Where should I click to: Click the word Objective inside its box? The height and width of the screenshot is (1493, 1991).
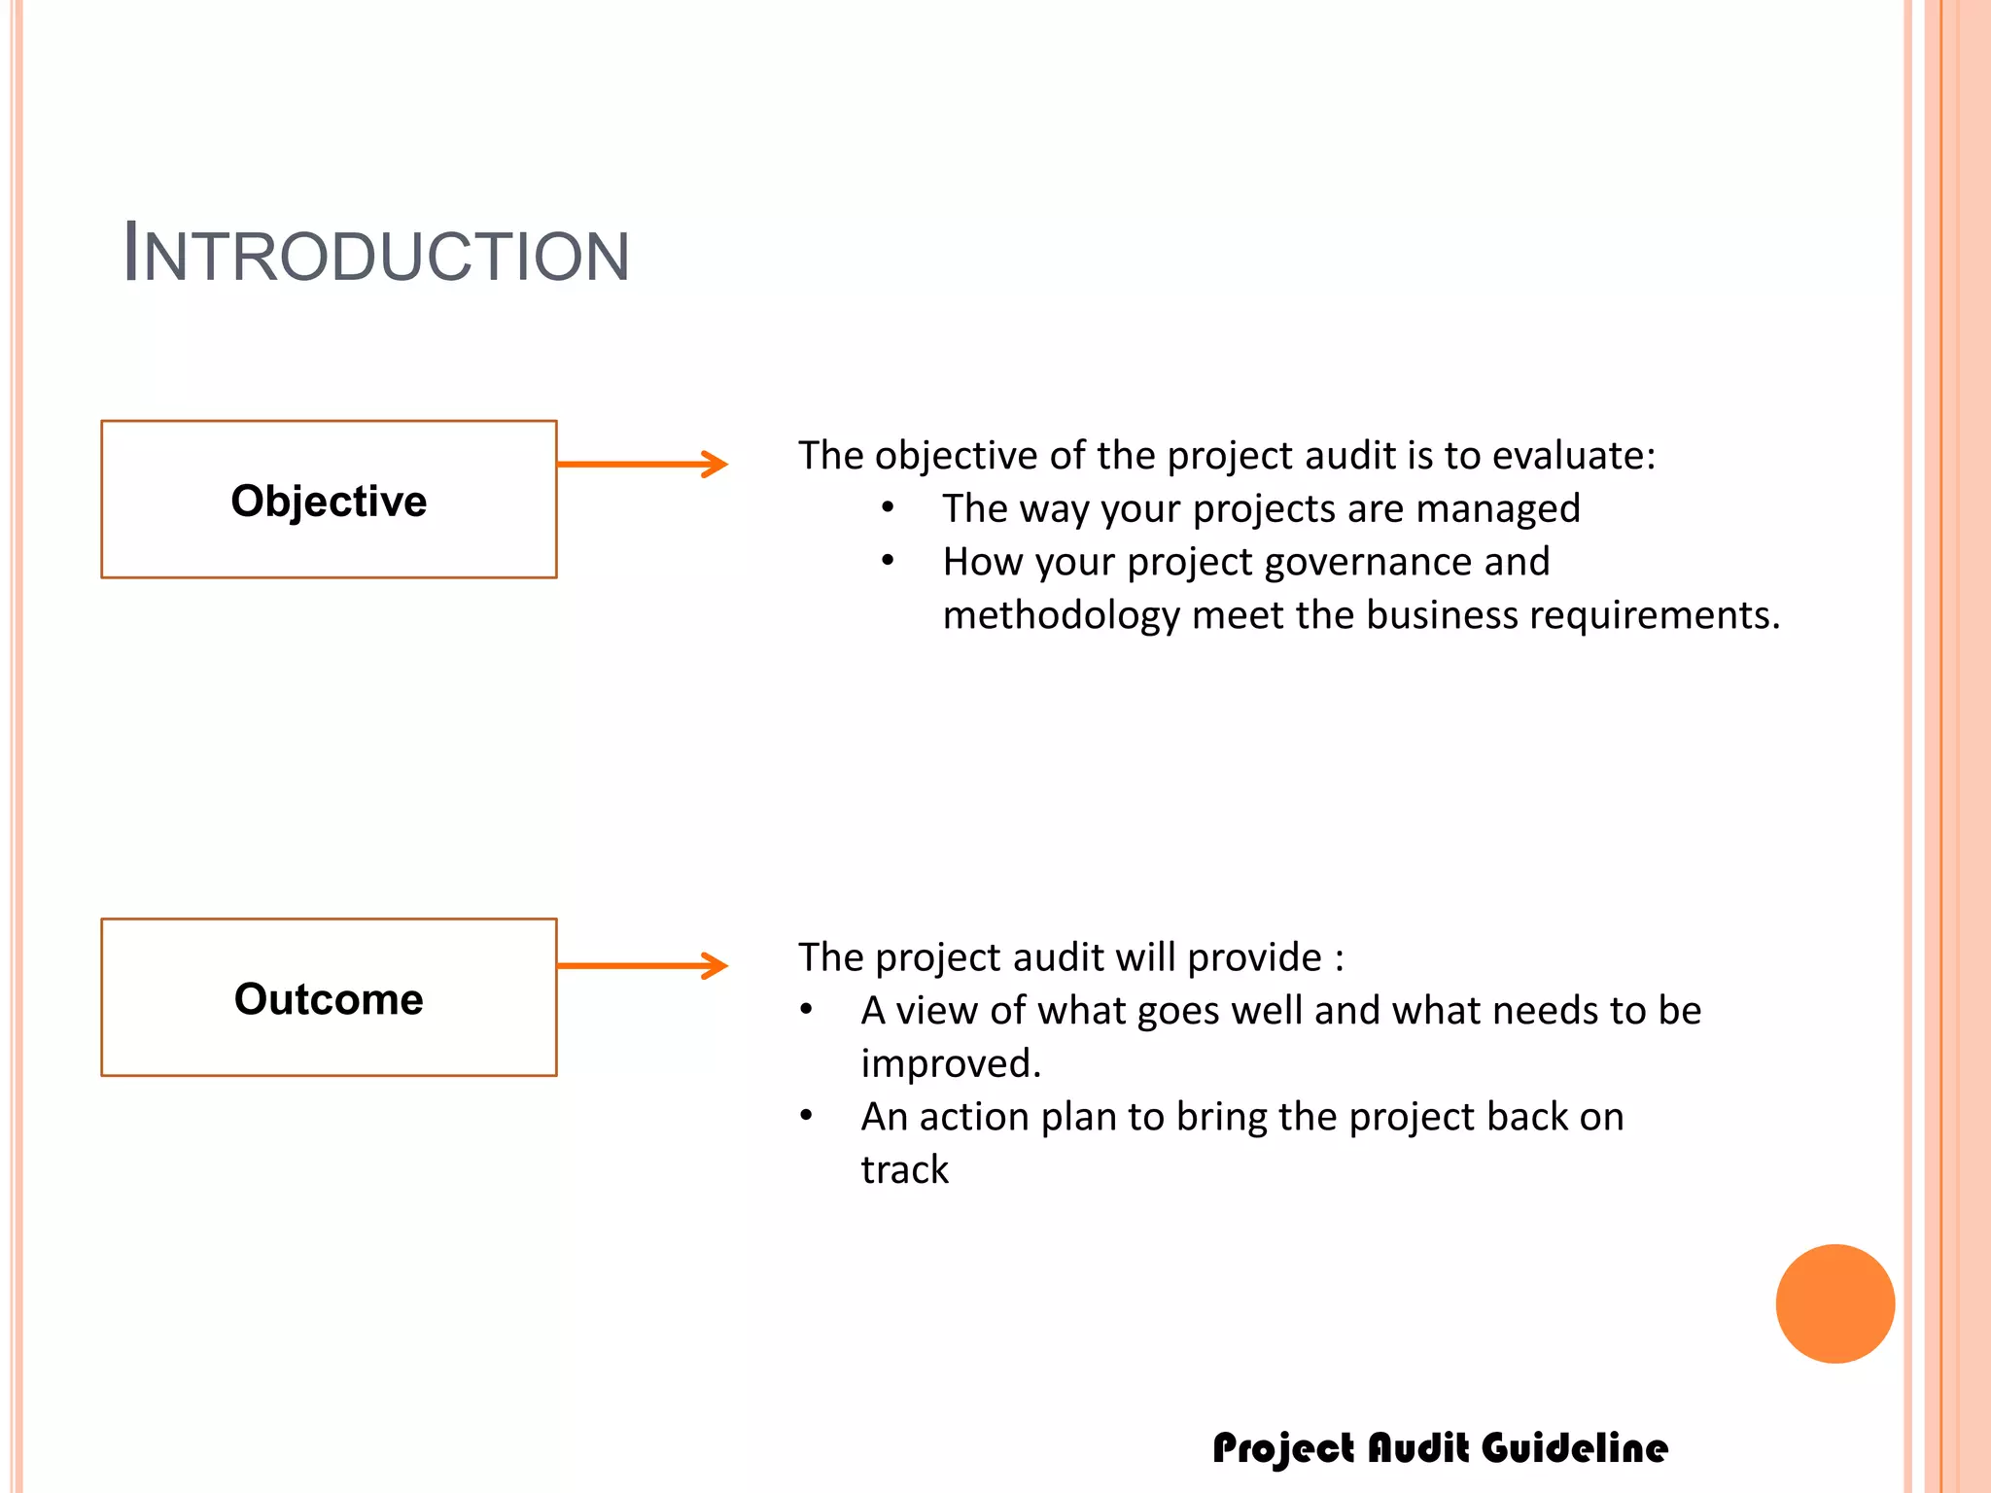(x=329, y=502)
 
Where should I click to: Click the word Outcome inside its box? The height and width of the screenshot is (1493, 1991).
(x=329, y=999)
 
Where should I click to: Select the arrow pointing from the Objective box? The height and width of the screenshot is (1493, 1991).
(x=642, y=465)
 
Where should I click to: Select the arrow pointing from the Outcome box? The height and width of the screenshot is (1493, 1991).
(x=642, y=965)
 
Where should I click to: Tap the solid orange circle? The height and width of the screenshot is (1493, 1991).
(x=1834, y=1303)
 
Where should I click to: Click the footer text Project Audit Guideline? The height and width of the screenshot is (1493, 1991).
(x=1440, y=1448)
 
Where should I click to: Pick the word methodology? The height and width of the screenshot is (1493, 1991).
(x=1061, y=616)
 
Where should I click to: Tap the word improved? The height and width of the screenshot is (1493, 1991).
(x=950, y=1064)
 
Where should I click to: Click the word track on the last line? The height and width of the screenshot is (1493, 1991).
(x=904, y=1170)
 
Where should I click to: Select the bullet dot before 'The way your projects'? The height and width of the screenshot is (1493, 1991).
(x=888, y=507)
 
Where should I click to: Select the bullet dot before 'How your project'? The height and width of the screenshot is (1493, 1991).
(x=888, y=561)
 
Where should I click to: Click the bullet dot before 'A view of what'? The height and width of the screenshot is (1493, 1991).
(x=806, y=1010)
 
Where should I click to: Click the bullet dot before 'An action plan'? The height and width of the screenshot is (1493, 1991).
(x=806, y=1116)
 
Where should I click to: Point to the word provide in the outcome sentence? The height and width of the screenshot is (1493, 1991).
(x=1254, y=958)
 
